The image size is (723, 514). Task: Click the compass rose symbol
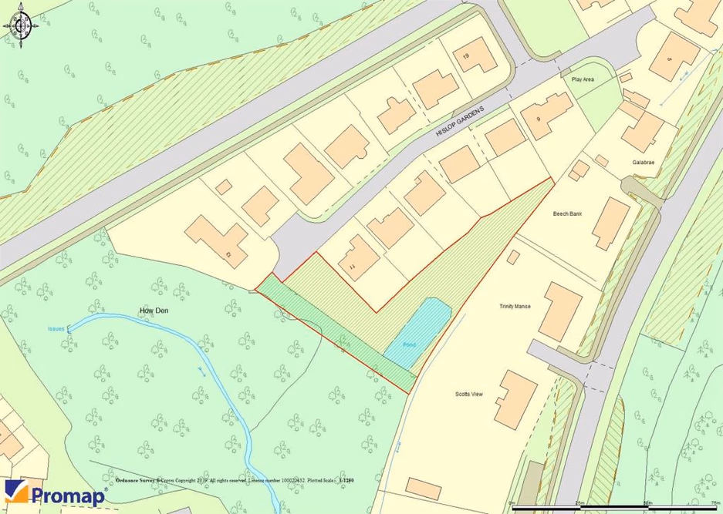tap(21, 27)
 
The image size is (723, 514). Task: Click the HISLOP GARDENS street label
tap(460, 121)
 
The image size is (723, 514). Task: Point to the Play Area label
tap(582, 79)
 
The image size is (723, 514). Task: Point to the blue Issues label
tap(56, 328)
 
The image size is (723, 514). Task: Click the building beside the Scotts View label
tap(515, 399)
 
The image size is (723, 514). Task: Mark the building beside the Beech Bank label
tap(612, 223)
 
